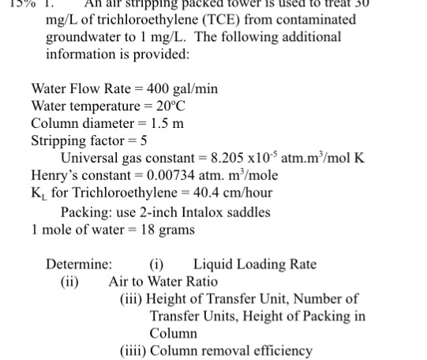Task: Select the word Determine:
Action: point(79,264)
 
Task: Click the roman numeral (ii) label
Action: point(70,282)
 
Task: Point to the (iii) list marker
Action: point(132,299)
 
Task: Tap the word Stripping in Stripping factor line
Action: point(59,141)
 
